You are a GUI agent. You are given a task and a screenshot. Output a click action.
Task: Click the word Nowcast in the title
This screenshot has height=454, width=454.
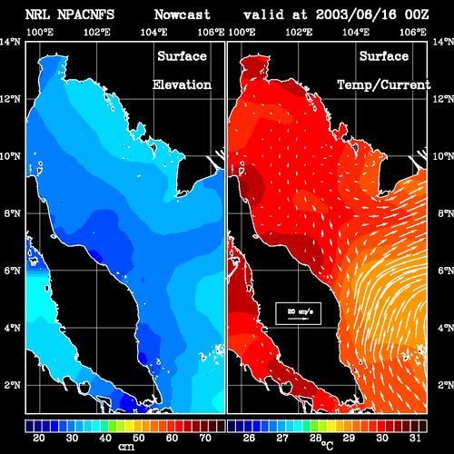tap(183, 15)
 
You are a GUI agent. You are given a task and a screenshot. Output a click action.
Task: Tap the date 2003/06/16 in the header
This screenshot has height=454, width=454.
tap(356, 15)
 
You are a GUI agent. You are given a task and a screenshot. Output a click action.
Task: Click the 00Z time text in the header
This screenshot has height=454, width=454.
tap(417, 15)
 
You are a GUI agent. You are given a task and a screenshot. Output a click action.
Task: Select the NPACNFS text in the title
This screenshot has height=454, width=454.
tap(85, 15)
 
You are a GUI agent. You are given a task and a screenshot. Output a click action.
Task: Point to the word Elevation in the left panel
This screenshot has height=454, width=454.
tap(182, 84)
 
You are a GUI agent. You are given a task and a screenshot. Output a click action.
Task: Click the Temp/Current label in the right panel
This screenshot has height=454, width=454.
tap(384, 84)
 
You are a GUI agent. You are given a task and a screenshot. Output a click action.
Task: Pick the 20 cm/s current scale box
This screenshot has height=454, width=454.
tap(298, 313)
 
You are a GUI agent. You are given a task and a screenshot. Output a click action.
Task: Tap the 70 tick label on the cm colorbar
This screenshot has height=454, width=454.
tap(205, 438)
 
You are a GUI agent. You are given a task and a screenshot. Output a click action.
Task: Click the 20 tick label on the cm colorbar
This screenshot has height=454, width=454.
tap(39, 438)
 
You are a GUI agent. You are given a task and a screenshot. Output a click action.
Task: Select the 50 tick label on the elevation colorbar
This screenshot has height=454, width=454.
tap(139, 438)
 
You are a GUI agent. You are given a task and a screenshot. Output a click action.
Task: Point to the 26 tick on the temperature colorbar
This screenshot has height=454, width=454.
tap(249, 438)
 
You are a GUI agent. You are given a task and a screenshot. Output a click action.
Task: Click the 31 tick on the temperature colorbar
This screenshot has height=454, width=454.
tap(415, 438)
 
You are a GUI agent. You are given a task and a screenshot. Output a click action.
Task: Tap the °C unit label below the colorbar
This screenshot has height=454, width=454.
tap(328, 446)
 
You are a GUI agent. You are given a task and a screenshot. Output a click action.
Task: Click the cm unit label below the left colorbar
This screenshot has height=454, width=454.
tap(126, 447)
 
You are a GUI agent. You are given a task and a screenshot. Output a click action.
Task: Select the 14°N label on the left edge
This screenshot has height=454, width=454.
tap(11, 42)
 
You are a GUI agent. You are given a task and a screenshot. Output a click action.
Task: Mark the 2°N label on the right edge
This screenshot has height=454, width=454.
tap(446, 385)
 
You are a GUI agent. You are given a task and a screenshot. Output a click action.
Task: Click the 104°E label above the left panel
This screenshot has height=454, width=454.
tap(153, 32)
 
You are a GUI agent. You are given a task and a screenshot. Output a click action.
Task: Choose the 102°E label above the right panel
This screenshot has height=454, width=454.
tap(299, 32)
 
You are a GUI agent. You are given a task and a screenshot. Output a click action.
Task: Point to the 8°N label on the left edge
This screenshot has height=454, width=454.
tap(13, 213)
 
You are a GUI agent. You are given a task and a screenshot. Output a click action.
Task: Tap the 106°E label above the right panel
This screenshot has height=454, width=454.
tap(413, 32)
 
